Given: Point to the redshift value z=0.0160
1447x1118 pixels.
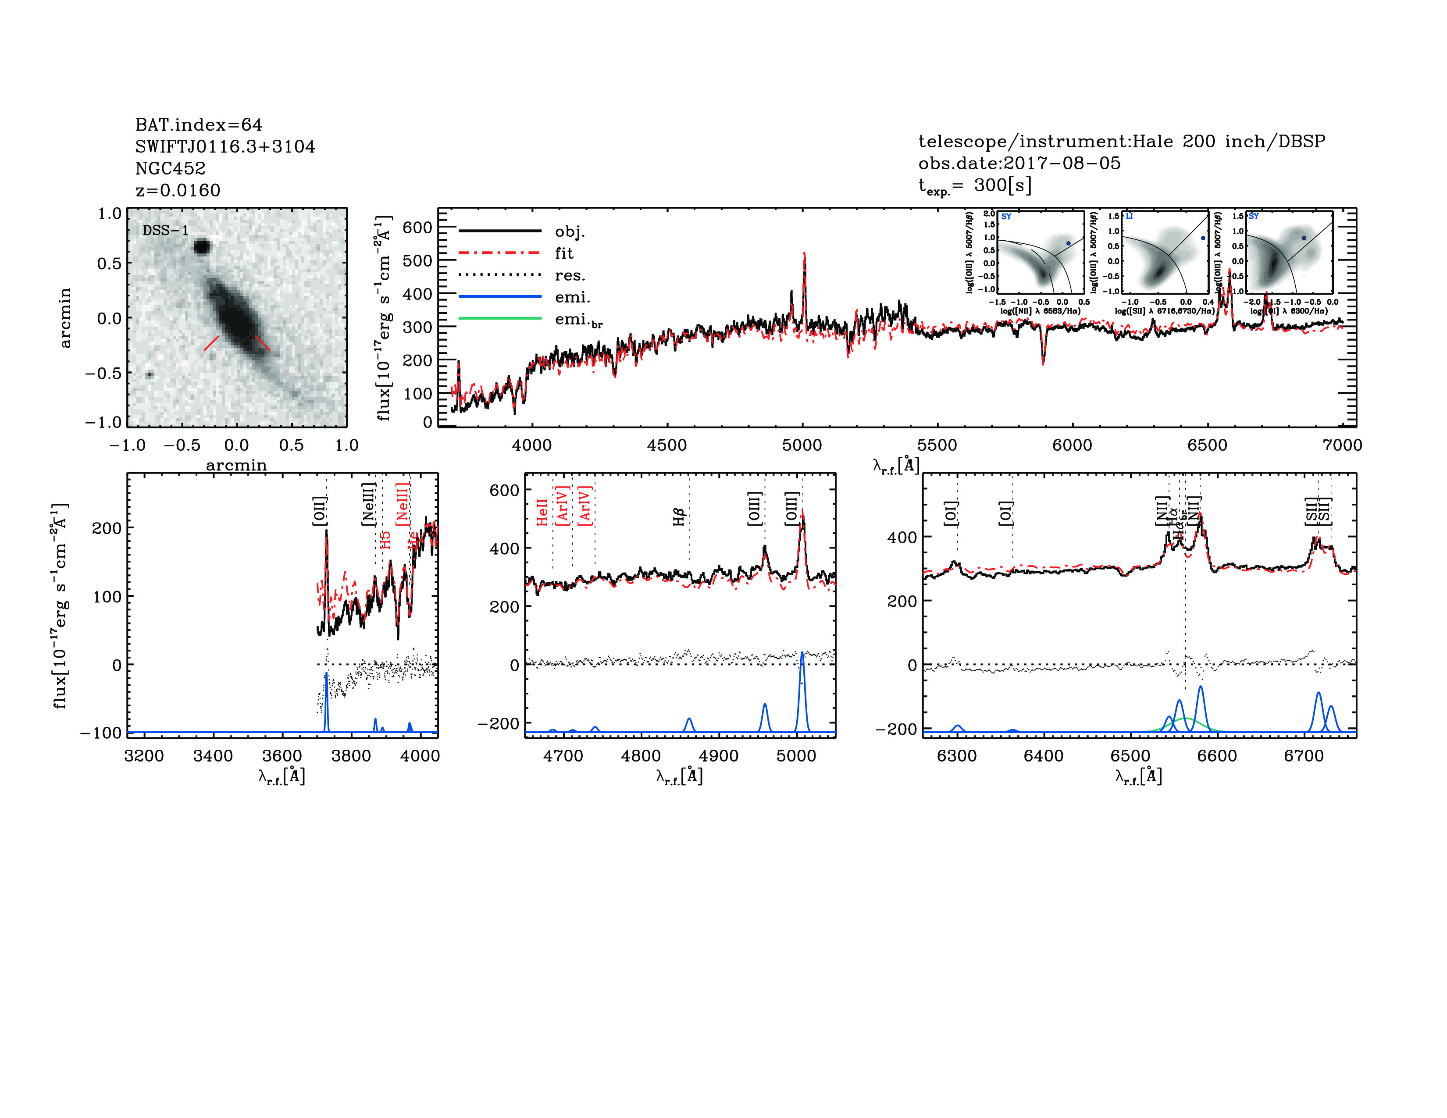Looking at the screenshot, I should point(178,191).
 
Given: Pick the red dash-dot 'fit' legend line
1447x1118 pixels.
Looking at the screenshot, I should point(499,253).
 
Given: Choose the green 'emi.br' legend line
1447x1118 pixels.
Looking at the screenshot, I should point(499,319).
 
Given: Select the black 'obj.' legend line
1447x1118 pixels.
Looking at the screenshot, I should point(499,231).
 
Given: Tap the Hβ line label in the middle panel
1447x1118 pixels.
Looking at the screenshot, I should point(678,516).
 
